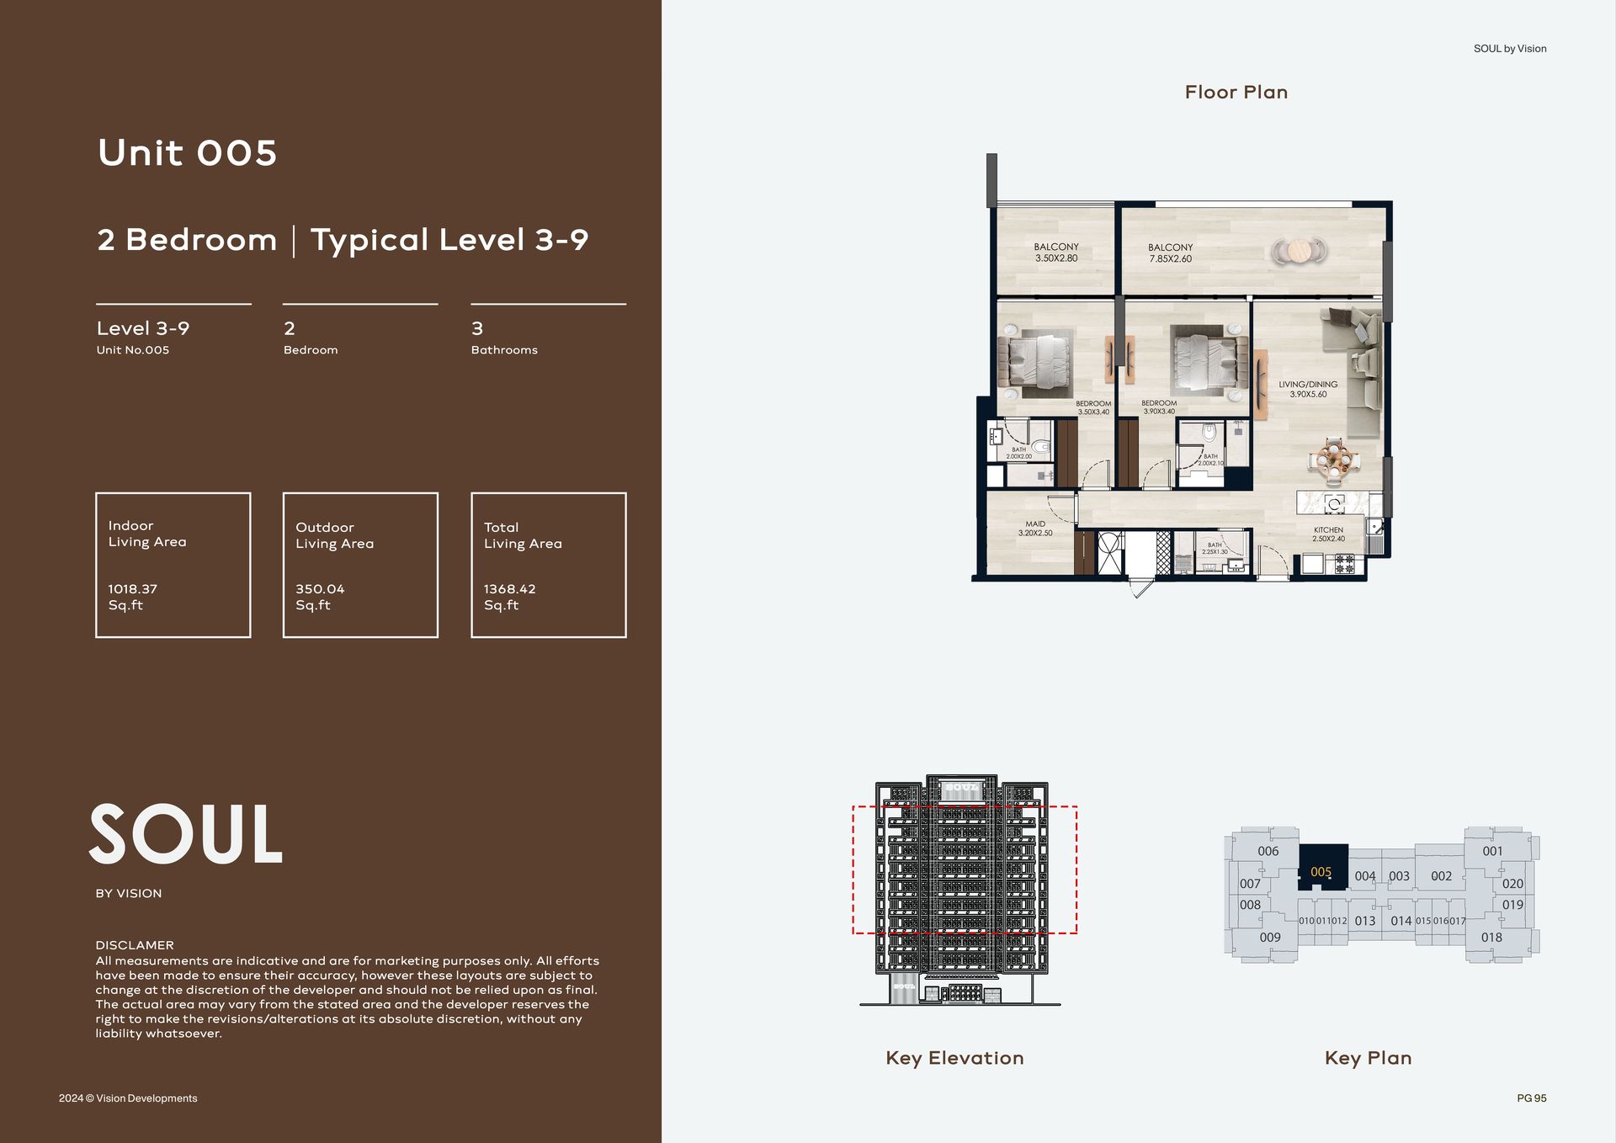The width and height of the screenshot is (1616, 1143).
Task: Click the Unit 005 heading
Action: click(187, 153)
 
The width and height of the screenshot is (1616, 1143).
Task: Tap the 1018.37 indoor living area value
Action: click(133, 589)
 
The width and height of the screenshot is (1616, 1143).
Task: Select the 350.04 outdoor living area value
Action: click(320, 589)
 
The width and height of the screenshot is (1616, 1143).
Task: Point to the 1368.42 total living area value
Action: click(509, 589)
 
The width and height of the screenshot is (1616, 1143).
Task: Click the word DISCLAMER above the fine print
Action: click(135, 945)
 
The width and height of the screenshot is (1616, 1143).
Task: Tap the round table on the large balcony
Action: click(1300, 251)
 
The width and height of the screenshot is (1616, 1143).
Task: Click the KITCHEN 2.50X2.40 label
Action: click(1328, 534)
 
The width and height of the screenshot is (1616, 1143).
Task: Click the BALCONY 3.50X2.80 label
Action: click(1056, 253)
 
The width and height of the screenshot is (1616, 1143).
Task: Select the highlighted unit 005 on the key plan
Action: click(1321, 872)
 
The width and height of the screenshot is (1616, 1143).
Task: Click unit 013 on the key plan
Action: click(1365, 921)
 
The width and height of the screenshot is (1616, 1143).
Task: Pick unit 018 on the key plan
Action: click(1491, 937)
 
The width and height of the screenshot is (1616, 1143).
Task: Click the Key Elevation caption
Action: click(954, 1058)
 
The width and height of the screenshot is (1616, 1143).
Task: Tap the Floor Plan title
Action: click(1236, 93)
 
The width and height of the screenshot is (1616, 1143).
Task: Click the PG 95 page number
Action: click(1532, 1098)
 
